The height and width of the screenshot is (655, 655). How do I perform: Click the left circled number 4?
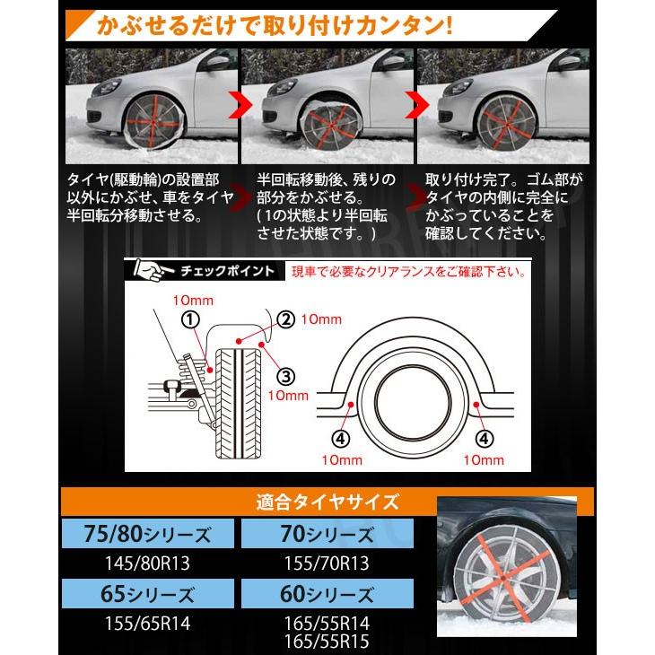[x=341, y=439]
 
